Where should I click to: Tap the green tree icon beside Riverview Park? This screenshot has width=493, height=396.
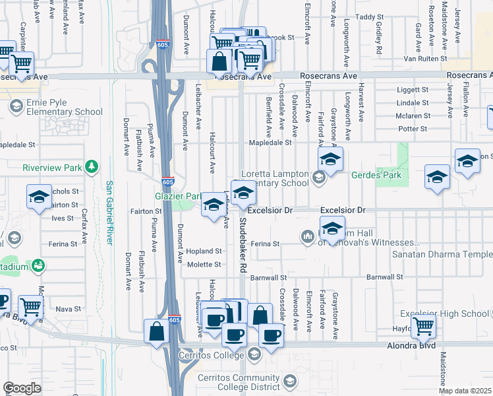pos(94,167)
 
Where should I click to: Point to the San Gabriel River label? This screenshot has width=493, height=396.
pos(109,213)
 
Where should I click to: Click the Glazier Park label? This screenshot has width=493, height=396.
pos(177,197)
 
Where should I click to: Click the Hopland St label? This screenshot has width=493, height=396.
pos(204,251)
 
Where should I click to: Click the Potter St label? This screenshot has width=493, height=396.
pos(413,129)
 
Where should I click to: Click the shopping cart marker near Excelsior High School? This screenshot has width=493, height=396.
pos(423,325)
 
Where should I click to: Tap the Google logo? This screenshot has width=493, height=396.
pos(22,388)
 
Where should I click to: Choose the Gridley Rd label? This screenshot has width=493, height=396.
pos(379,41)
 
